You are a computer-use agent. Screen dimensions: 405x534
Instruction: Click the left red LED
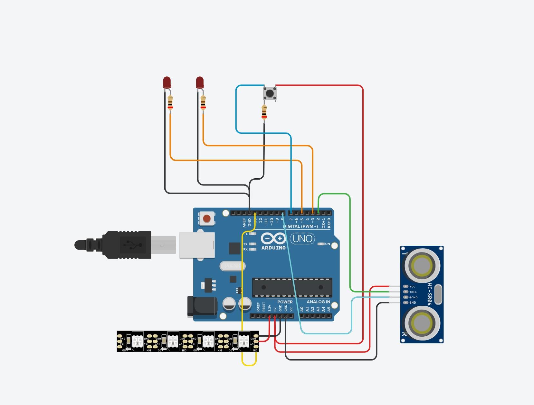[x=167, y=83]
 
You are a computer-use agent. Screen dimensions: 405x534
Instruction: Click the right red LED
[x=200, y=83]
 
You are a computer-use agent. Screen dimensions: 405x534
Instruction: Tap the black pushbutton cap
[x=269, y=94]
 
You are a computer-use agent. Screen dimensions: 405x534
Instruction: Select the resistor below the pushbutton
[x=264, y=113]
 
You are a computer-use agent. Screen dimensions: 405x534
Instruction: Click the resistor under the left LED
[x=170, y=104]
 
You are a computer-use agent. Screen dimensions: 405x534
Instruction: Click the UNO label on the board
[x=302, y=239]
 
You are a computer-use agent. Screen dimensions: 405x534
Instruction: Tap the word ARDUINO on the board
[x=273, y=248]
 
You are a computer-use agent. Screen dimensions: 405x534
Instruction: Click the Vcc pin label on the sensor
[x=412, y=286]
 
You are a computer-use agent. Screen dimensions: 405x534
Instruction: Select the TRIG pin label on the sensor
[x=413, y=292]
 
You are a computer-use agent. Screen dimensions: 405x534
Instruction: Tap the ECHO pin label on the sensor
[x=413, y=297]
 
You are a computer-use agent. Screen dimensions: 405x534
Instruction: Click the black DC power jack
[x=202, y=306]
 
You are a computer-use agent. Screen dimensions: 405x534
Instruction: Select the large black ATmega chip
[x=292, y=287]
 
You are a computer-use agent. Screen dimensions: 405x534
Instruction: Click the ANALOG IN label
[x=318, y=302]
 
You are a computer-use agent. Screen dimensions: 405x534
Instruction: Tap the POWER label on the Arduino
[x=285, y=302]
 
